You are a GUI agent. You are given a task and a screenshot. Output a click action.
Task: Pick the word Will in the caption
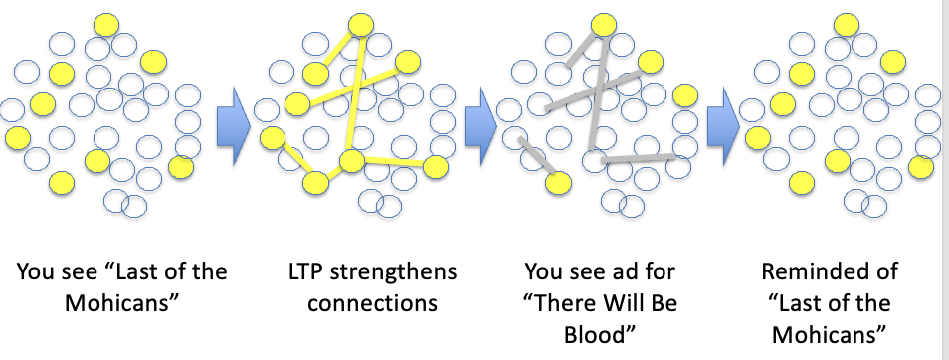click(641, 302)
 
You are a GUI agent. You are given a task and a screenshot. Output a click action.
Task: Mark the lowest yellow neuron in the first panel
click(62, 182)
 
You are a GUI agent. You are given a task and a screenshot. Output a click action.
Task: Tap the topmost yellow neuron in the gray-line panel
click(604, 24)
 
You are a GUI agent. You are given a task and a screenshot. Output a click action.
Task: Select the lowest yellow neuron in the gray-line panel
click(559, 181)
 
